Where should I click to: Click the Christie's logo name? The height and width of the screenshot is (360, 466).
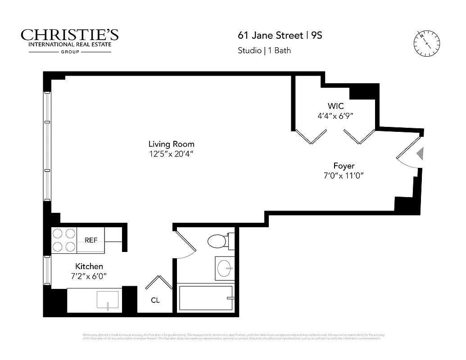click(x=70, y=35)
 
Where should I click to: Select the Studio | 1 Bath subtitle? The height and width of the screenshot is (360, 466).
click(x=264, y=50)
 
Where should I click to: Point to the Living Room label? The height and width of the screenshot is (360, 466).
click(x=172, y=144)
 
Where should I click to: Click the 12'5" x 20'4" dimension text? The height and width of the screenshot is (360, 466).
click(x=172, y=154)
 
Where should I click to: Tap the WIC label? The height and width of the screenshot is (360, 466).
click(x=335, y=106)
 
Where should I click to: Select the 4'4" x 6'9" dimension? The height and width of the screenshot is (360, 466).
click(x=335, y=116)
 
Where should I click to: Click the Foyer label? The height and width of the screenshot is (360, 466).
click(x=344, y=166)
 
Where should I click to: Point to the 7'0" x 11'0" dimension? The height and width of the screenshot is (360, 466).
click(x=344, y=175)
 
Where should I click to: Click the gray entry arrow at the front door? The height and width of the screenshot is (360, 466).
click(x=420, y=154)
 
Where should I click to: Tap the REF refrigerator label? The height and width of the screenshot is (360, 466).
click(x=91, y=240)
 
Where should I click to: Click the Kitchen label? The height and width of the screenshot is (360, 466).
click(x=89, y=266)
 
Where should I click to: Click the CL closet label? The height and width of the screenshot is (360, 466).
click(x=155, y=300)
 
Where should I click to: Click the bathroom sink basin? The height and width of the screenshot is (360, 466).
click(x=224, y=269)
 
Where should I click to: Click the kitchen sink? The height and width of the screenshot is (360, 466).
click(x=108, y=299)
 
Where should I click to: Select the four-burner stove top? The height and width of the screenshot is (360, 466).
click(x=64, y=240)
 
